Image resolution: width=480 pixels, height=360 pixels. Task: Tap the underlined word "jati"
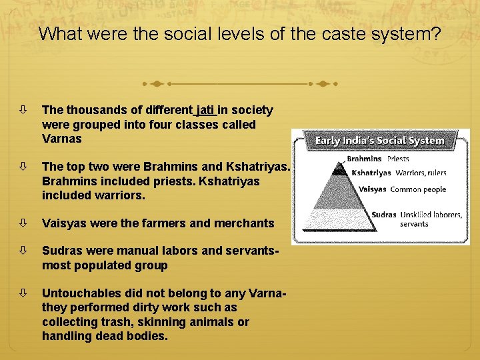(x=206, y=109)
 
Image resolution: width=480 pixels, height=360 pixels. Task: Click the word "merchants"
(x=241, y=223)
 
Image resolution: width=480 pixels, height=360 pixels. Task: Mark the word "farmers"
(x=161, y=223)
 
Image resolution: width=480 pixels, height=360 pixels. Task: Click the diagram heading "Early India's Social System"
(x=379, y=141)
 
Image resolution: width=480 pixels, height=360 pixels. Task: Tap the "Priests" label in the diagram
(x=398, y=159)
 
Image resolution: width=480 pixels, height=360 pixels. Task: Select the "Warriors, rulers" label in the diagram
(x=421, y=173)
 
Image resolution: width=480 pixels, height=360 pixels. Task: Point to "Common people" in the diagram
(x=418, y=189)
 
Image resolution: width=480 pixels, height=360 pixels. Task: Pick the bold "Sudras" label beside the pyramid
(x=384, y=215)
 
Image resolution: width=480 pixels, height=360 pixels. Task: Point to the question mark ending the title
(x=435, y=34)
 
